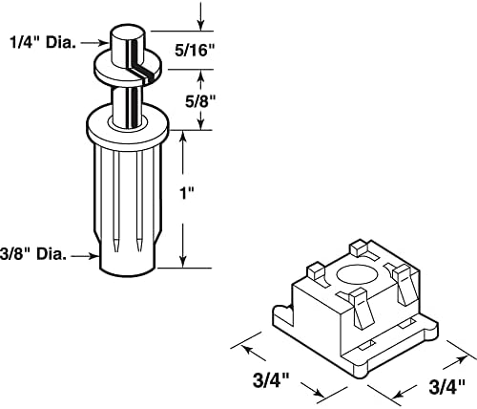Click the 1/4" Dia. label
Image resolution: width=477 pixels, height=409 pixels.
(43, 42)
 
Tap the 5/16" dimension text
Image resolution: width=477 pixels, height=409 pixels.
(195, 50)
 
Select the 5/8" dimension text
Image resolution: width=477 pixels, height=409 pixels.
(200, 101)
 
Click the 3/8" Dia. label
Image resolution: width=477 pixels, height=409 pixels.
(33, 254)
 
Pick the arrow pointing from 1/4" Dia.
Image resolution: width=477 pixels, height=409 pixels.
(94, 43)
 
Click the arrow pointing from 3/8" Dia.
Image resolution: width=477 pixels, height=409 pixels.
(84, 256)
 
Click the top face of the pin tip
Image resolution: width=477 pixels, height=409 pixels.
(128, 32)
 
